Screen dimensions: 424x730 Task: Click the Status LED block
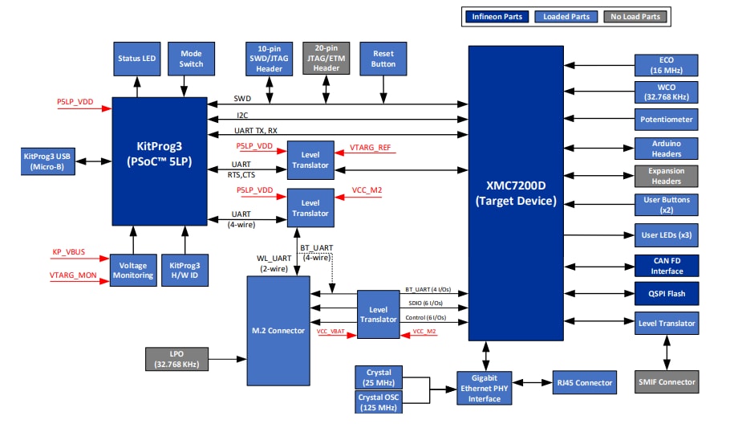tap(137, 59)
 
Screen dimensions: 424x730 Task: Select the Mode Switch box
tap(191, 59)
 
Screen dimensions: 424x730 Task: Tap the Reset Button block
tap(383, 59)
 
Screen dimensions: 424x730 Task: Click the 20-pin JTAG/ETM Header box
tap(326, 59)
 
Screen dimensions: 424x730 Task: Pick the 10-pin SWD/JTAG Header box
tap(269, 59)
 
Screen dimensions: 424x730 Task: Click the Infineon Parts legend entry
tap(497, 16)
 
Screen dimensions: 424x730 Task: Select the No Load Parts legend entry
tap(635, 16)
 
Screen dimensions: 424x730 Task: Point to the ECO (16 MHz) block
tap(666, 65)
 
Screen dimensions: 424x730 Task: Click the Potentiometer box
tap(666, 120)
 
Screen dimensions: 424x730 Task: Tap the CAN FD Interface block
tap(666, 265)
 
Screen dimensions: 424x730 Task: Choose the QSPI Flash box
tap(666, 294)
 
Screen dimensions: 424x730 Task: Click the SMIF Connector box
tap(666, 381)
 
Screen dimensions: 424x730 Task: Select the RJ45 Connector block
tap(583, 382)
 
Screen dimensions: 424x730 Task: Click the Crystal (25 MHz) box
tap(379, 377)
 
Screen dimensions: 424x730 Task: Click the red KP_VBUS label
tap(68, 252)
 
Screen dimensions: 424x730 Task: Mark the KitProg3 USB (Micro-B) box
tap(47, 161)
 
